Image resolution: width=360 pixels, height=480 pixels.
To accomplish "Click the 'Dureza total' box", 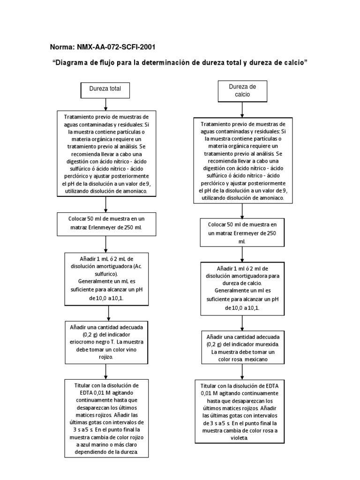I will (x=105, y=90).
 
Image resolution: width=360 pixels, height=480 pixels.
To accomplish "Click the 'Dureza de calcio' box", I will (x=242, y=90).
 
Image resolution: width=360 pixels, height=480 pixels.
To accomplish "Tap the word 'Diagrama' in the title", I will (x=72, y=63).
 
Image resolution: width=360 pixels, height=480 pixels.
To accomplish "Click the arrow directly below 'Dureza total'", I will (x=106, y=104).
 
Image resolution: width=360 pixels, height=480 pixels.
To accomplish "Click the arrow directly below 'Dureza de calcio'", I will (x=242, y=109).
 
